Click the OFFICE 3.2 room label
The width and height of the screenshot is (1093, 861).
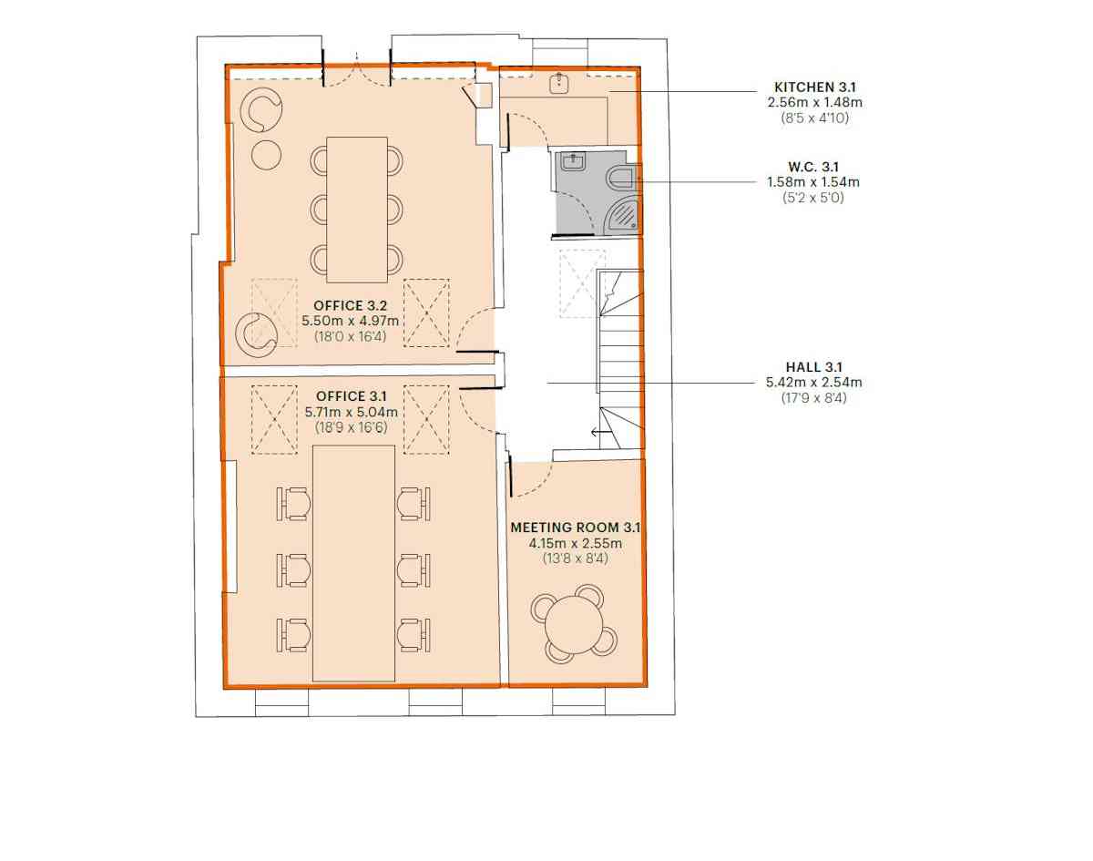(350, 305)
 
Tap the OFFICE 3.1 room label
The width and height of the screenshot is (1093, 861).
(351, 396)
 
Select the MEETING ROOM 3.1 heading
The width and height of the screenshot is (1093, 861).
(575, 528)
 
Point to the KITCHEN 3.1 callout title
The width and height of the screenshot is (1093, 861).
(814, 87)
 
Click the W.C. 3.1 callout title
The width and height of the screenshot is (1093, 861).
(813, 166)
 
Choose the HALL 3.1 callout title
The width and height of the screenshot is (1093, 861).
(813, 366)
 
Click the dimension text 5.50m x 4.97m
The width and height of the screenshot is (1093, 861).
(350, 321)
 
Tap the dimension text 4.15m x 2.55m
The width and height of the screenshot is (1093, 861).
(575, 543)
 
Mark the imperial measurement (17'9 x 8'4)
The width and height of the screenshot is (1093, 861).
(813, 397)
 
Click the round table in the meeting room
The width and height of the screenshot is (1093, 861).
(574, 624)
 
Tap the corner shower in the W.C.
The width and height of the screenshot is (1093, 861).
(622, 214)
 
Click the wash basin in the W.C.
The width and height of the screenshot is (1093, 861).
(574, 162)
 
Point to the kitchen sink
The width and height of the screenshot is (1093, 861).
(558, 84)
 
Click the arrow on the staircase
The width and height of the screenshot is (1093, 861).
(601, 433)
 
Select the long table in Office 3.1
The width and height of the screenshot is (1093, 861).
(353, 563)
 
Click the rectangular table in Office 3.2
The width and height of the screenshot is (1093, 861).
(357, 210)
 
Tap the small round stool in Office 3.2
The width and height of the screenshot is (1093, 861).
(266, 155)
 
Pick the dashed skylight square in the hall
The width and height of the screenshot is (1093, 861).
(582, 283)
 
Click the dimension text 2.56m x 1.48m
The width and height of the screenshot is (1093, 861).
(814, 102)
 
